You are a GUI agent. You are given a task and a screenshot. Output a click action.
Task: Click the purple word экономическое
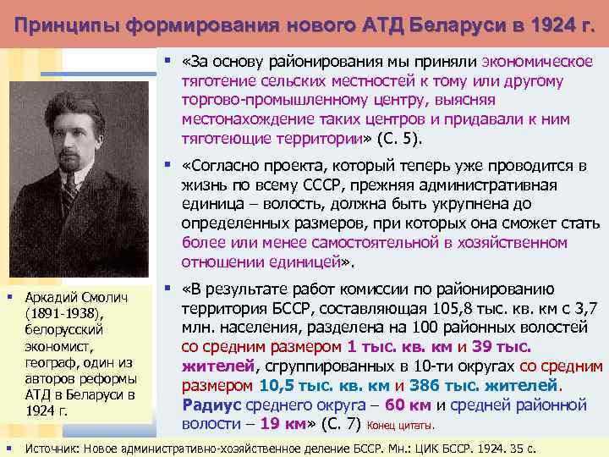(x=537, y=61)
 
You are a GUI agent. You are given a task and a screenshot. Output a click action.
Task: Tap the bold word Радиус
(x=208, y=405)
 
